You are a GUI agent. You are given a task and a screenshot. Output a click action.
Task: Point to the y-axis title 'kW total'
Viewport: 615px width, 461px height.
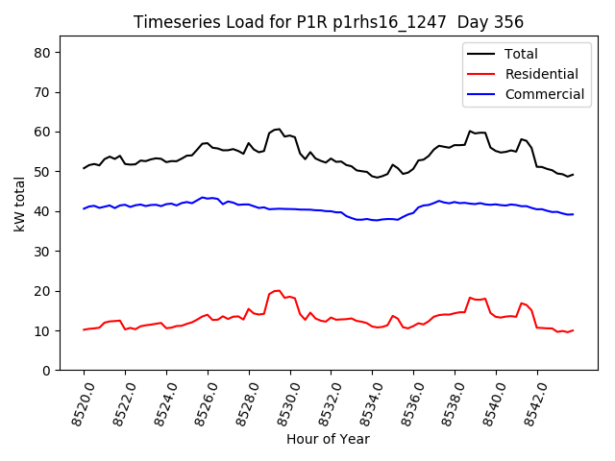pos(19,203)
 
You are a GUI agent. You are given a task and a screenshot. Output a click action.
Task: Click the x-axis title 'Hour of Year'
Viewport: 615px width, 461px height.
pos(328,439)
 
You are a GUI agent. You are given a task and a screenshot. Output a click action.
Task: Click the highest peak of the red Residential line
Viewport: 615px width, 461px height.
pos(277,290)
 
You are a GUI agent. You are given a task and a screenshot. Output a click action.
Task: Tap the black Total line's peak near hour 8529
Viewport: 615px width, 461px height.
pos(278,129)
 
